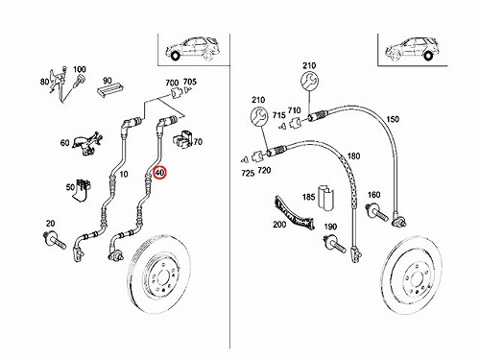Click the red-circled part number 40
[159, 173]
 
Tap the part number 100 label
[80, 69]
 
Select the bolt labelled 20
[55, 240]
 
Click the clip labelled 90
[110, 88]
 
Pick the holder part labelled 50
[83, 190]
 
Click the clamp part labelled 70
[182, 139]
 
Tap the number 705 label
[190, 82]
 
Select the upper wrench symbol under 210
[309, 81]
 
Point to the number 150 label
[393, 119]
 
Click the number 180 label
[353, 156]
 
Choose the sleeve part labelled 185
[325, 198]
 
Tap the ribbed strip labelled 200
[295, 213]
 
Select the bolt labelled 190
[335, 244]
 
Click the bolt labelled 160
[377, 211]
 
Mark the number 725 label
[248, 174]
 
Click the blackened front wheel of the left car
[175, 57]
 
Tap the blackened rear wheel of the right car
[428, 57]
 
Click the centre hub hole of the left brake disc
[163, 277]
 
